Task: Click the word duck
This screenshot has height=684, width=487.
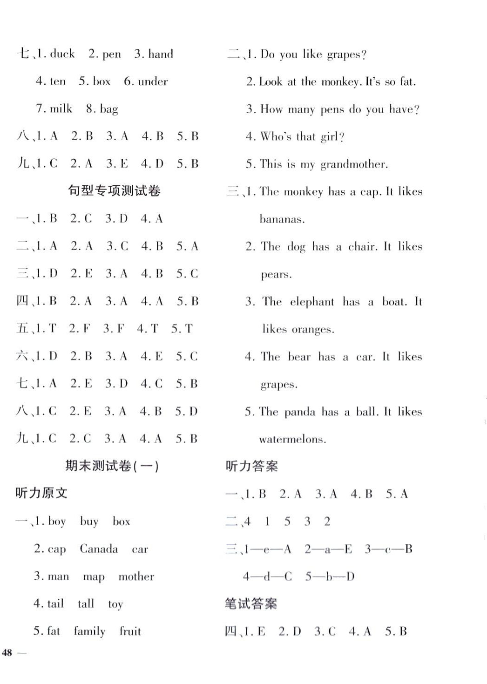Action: tap(62, 54)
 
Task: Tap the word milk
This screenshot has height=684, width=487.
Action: tap(61, 109)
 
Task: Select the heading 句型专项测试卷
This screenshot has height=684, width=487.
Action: tap(114, 190)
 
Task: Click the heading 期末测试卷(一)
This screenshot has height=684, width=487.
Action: tap(112, 466)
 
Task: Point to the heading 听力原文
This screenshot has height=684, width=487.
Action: tap(41, 493)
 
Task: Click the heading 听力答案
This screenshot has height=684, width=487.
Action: tap(251, 466)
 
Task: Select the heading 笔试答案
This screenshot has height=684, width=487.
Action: tap(251, 604)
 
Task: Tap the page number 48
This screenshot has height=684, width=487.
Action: tap(7, 652)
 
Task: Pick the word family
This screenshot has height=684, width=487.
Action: tap(89, 631)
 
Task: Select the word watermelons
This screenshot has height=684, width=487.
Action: tap(292, 440)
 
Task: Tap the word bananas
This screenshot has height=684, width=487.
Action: tap(282, 219)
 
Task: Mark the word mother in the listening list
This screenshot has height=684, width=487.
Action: tap(136, 576)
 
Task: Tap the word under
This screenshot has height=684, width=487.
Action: tap(153, 81)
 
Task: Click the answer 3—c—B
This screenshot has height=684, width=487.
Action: tap(389, 549)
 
